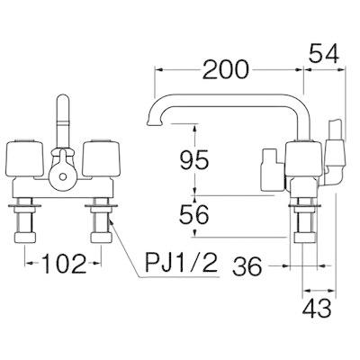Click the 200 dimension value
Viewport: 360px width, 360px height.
click(x=226, y=69)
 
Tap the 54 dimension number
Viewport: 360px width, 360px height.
click(x=324, y=53)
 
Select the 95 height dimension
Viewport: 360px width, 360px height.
click(x=193, y=159)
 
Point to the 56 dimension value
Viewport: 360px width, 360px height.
click(x=193, y=214)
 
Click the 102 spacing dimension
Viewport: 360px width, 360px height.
click(x=64, y=264)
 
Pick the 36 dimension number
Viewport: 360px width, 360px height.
click(x=247, y=266)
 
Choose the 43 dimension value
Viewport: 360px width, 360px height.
click(x=317, y=308)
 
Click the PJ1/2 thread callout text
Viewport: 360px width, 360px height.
click(x=181, y=262)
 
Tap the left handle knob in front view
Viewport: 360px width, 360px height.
click(x=25, y=158)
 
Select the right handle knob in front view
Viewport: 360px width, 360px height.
click(x=102, y=158)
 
